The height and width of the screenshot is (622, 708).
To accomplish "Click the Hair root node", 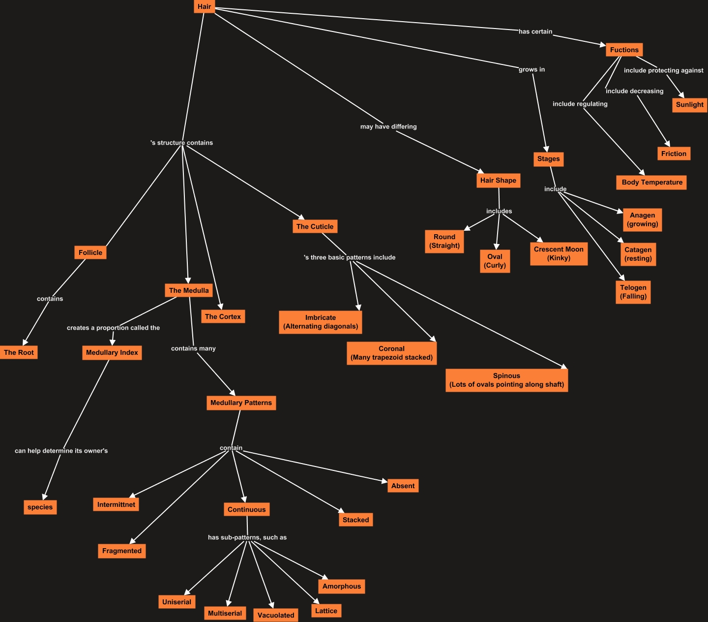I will (x=204, y=7).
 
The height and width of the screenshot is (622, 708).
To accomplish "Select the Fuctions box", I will (x=624, y=50).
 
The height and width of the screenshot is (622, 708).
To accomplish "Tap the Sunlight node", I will (x=689, y=105).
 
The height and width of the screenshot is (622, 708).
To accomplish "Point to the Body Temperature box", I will (x=652, y=183).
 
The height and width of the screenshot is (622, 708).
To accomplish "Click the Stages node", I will (x=548, y=159).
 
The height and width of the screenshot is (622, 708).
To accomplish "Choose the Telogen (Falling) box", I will (x=633, y=292).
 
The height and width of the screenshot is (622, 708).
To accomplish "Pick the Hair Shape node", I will (x=498, y=181).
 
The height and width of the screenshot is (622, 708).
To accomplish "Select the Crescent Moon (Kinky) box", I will (x=559, y=253).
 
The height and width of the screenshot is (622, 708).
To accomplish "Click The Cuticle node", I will (x=315, y=227).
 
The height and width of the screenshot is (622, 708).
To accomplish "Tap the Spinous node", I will (x=506, y=380).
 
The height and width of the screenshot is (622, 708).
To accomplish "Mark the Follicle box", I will (x=90, y=253).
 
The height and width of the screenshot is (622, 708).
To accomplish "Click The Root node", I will (x=19, y=352).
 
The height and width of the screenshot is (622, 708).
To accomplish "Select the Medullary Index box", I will (x=112, y=353).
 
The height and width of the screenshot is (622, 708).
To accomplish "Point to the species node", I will (x=40, y=507).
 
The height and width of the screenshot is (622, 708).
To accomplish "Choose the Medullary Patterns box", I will (x=241, y=403).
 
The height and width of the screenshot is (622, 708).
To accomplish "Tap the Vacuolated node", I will (x=276, y=615).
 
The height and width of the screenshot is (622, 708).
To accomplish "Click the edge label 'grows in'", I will (x=531, y=69).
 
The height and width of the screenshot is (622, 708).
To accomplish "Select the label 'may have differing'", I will (x=388, y=126).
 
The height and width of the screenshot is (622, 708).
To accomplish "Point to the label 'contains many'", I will (x=193, y=348).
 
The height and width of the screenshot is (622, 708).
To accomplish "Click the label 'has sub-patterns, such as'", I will (x=247, y=537).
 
